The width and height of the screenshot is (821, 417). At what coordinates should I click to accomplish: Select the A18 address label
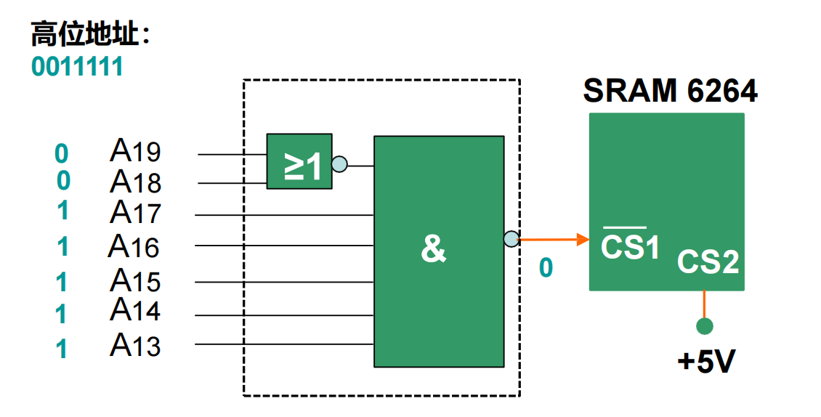(136, 181)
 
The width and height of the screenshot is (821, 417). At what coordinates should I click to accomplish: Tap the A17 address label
(136, 212)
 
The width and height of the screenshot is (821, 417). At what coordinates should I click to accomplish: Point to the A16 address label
(134, 246)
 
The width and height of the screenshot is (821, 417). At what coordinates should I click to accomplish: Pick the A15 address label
(136, 280)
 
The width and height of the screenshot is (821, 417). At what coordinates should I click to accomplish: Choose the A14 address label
(136, 310)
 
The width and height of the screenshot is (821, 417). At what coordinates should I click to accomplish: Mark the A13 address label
(136, 344)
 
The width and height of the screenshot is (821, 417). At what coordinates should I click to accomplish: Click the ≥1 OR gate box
(299, 161)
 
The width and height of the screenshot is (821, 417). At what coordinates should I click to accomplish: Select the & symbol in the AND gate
(433, 249)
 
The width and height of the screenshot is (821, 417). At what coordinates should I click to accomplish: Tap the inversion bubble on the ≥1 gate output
(339, 164)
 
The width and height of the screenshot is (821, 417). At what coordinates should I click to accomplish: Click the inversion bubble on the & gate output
(511, 238)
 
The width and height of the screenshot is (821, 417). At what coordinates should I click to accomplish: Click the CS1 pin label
(630, 245)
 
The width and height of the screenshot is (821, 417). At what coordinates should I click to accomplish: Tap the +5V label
(706, 361)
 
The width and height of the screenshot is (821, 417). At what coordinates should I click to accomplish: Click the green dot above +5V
(704, 326)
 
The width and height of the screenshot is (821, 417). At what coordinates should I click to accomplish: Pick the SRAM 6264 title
(670, 92)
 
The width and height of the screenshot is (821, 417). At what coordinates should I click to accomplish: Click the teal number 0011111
(77, 67)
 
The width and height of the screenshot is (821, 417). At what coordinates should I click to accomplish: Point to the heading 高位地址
(90, 35)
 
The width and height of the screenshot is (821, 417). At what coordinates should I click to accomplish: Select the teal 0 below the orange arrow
(546, 268)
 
